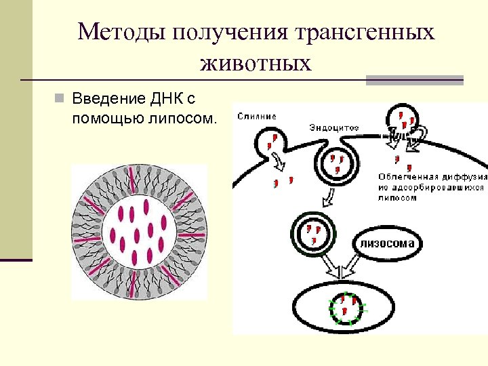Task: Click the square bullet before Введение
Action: pos(60,100)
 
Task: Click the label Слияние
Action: pos(257,116)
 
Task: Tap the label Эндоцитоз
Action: pos(334,127)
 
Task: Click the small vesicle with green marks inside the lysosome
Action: pos(348,306)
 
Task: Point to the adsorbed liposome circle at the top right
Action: pos(403,121)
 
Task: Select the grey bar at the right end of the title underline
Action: pos(415,80)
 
